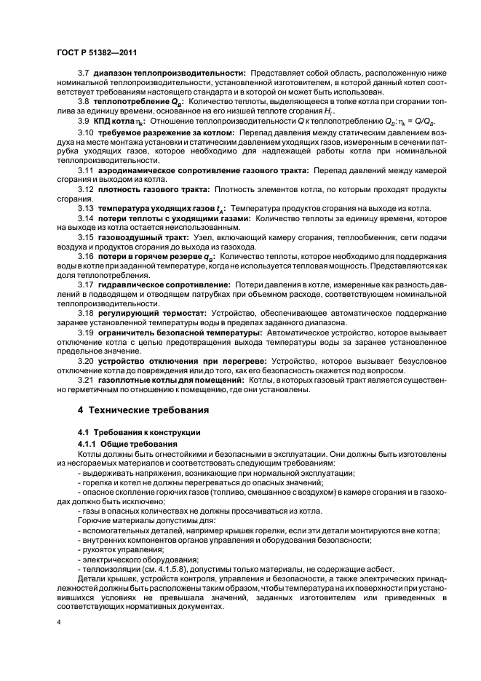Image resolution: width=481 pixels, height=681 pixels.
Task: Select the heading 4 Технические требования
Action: [143, 410]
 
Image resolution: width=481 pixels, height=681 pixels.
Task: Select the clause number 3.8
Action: [84, 103]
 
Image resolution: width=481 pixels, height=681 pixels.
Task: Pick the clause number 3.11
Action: [86, 170]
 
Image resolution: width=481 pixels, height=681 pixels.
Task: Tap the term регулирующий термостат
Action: [149, 312]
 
